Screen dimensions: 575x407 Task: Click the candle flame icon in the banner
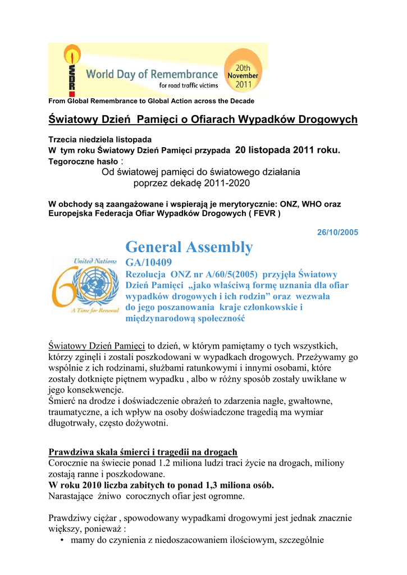[71, 56]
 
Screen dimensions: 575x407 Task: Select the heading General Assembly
[189, 247]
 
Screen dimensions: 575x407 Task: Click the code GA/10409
[148, 262]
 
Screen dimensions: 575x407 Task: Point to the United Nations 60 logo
[84, 285]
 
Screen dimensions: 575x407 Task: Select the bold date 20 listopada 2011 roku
[287, 150]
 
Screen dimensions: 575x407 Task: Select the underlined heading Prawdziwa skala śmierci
[143, 452]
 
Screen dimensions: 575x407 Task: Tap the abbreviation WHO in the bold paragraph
[313, 204]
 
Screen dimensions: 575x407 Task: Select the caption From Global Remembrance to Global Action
[152, 101]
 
